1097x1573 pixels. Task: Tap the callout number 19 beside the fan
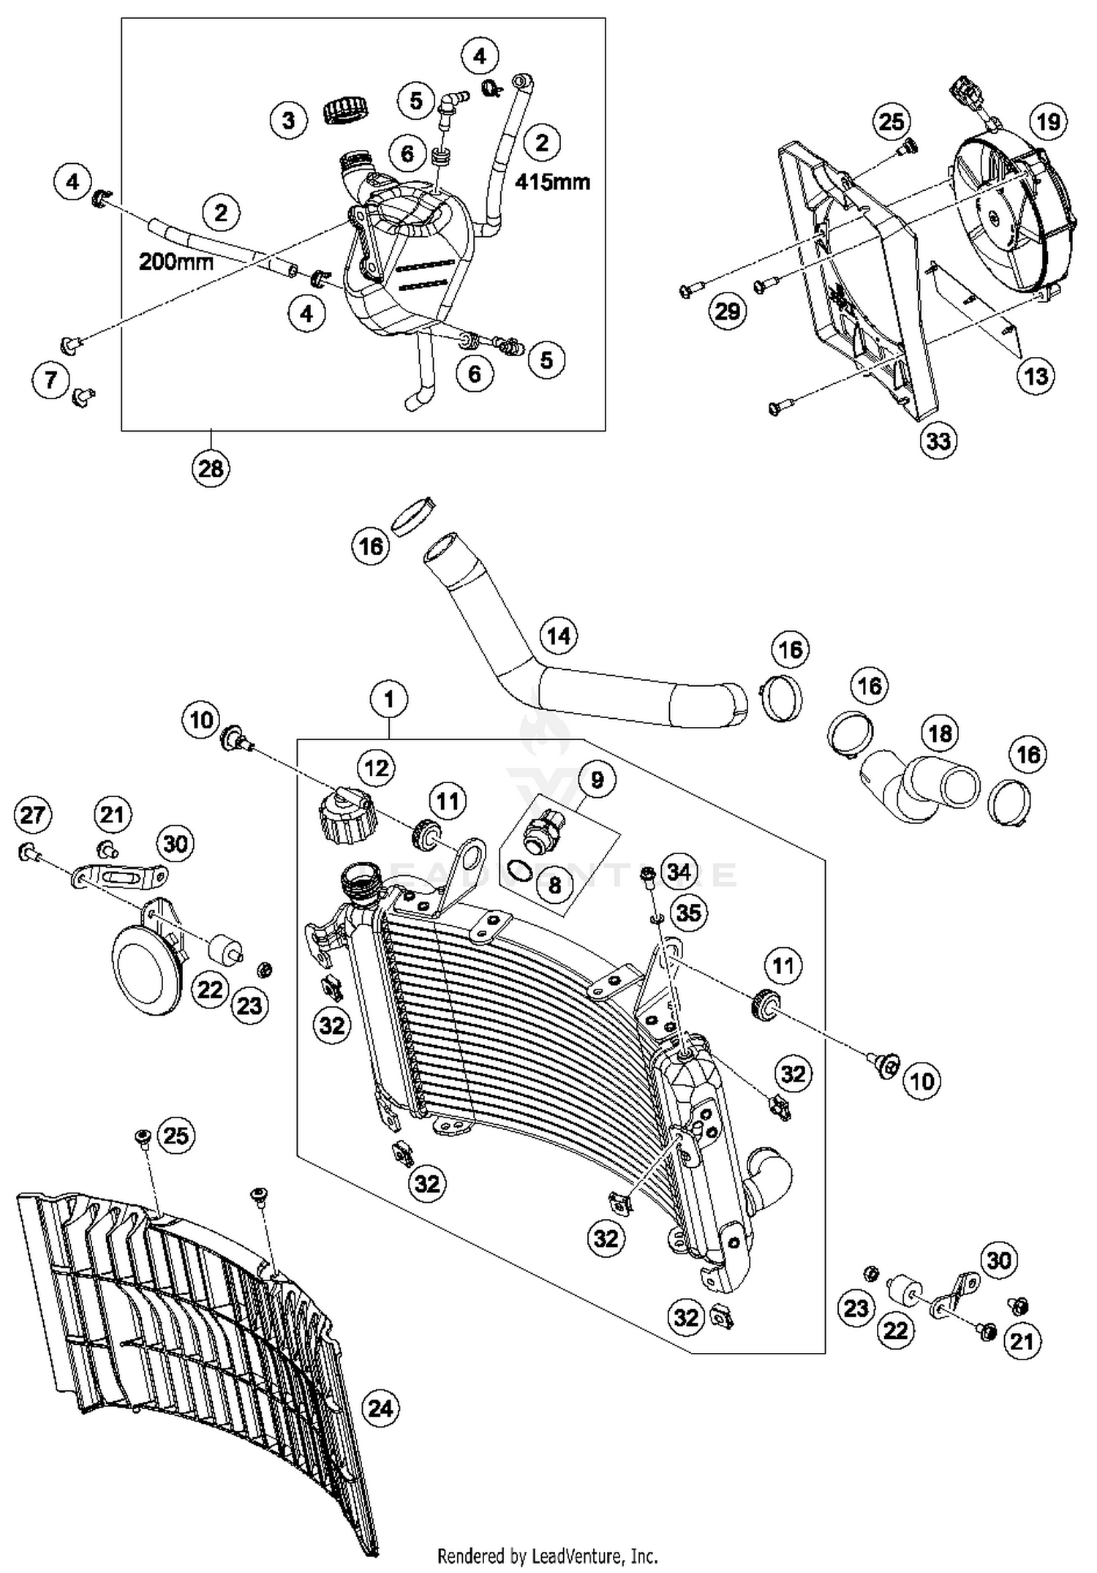(1049, 121)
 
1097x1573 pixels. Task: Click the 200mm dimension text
(176, 261)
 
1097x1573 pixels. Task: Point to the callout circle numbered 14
(558, 635)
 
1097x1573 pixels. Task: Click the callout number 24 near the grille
(380, 1408)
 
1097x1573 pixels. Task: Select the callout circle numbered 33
(938, 440)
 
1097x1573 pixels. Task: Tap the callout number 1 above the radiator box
(388, 699)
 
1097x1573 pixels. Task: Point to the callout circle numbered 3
(289, 119)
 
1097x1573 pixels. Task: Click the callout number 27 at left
(32, 814)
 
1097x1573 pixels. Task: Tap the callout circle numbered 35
(688, 912)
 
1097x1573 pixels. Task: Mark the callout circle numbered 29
(727, 312)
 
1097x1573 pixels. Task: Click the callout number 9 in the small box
(597, 780)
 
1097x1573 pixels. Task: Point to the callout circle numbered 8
(554, 885)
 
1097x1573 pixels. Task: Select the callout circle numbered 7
(51, 380)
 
